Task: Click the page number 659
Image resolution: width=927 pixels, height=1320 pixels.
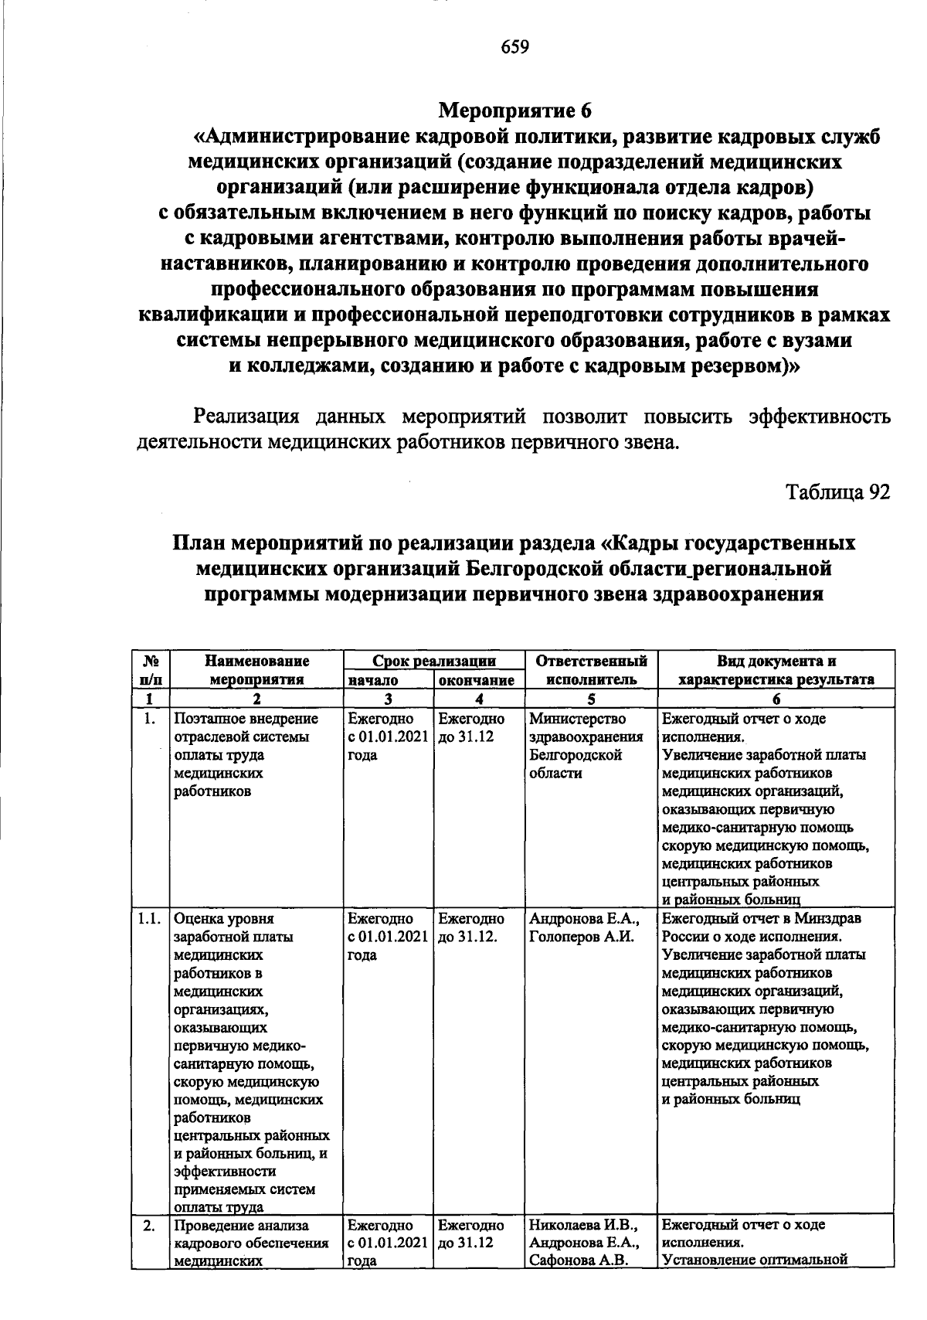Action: point(514,48)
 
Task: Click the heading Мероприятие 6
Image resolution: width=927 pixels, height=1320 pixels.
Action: point(514,111)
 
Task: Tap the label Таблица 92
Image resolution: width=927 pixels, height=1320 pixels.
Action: point(837,492)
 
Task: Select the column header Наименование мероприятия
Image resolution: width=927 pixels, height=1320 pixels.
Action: point(256,670)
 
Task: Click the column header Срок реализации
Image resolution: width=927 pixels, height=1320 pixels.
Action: point(433,662)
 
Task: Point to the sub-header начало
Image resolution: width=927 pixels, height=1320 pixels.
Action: point(373,680)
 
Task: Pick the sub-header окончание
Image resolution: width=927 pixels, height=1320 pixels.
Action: point(477,680)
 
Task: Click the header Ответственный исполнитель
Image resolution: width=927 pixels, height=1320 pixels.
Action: point(591,670)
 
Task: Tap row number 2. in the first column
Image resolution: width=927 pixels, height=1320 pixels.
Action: point(149,1226)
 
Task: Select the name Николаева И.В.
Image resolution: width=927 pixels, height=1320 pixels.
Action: point(582,1225)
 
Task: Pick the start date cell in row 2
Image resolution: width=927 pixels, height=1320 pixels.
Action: point(387,1243)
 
